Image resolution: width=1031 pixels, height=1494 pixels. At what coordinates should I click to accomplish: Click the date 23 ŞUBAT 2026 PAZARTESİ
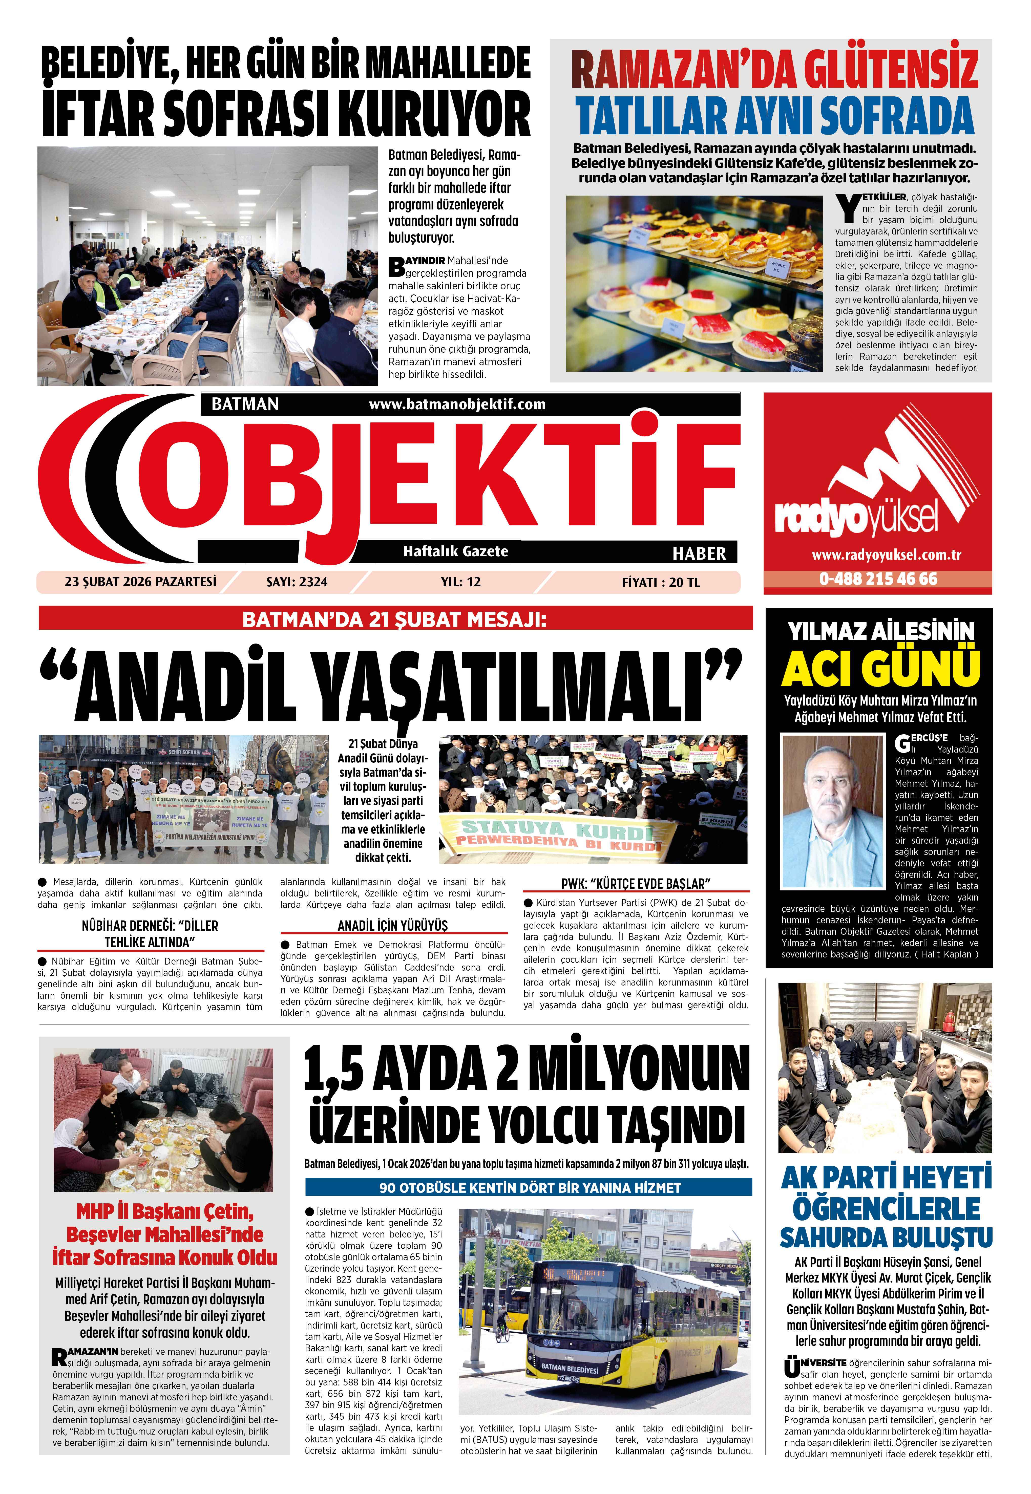click(140, 582)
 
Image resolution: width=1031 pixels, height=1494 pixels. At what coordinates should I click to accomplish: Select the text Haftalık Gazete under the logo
click(455, 551)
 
